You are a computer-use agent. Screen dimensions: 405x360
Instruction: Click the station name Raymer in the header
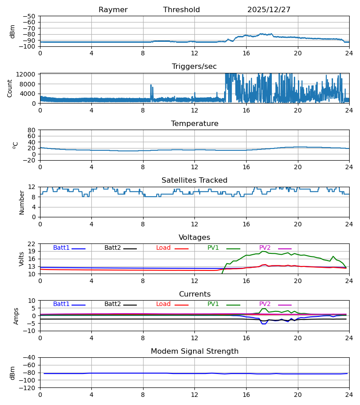(113, 10)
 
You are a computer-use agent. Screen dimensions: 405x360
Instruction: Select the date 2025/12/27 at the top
(269, 10)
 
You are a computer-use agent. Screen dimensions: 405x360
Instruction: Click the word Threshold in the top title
(181, 10)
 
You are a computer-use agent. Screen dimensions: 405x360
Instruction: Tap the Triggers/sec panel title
(194, 67)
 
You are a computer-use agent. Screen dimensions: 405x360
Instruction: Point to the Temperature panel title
(194, 124)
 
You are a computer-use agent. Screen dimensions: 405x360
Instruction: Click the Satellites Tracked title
(194, 180)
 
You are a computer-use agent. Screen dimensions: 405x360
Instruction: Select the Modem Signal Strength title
(194, 351)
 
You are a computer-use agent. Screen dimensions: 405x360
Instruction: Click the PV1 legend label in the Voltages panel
(213, 248)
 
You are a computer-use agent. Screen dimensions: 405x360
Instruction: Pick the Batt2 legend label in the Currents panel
(112, 304)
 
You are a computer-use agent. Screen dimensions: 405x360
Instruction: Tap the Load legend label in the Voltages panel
(163, 248)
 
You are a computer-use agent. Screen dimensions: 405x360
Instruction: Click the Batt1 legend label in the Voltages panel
(61, 248)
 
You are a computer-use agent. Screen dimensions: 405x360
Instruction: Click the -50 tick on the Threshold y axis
(31, 16)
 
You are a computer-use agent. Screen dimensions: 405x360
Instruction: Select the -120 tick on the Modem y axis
(29, 388)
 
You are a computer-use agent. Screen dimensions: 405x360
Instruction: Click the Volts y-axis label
(22, 259)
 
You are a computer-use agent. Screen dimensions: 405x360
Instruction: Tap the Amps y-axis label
(17, 316)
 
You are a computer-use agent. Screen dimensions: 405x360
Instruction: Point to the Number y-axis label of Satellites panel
(22, 202)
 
